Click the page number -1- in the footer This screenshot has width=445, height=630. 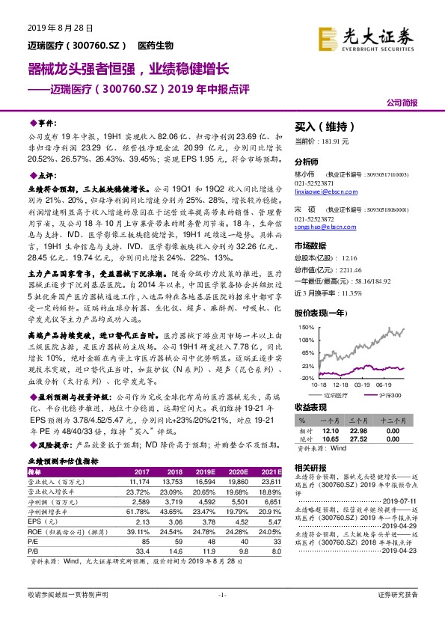[221, 616]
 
